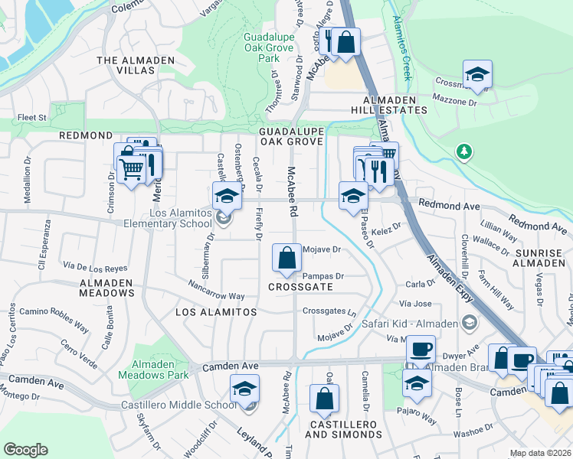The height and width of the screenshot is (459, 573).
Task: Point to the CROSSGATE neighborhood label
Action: point(300,286)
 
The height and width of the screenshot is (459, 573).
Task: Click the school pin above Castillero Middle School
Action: point(244,391)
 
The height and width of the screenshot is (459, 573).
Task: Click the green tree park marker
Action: point(463,152)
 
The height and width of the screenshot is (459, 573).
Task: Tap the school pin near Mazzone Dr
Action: point(477,74)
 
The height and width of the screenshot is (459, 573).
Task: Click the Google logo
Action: point(25,450)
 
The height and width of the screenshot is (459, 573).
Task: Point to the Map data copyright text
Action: point(540,453)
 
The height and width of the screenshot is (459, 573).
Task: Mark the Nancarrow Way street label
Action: point(216,295)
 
